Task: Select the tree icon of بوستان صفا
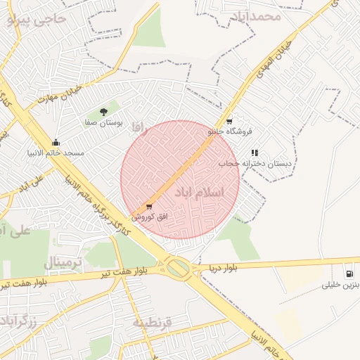[103, 111]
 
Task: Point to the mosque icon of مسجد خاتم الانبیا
[56, 142]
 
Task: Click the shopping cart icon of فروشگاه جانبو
[229, 121]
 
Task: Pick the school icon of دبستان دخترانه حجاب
[255, 152]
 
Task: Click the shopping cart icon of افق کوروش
[148, 207]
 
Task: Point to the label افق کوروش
[144, 217]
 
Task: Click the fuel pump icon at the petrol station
[349, 274]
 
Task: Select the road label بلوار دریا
[224, 268]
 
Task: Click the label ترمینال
[63, 263]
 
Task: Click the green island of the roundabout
[179, 267]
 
